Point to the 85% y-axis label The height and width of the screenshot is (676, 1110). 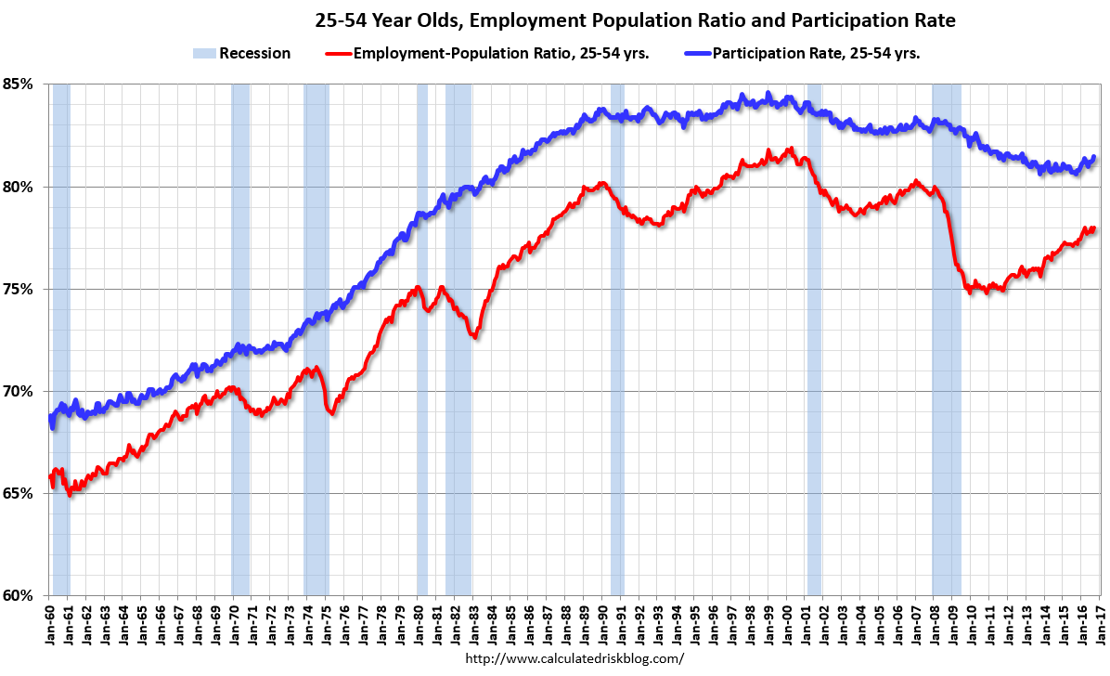19,84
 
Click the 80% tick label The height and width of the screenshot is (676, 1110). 19,187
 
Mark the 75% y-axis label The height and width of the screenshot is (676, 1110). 19,289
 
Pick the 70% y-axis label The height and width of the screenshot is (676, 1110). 19,391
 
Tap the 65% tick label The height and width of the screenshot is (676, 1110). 19,493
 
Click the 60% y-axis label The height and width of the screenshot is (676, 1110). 19,595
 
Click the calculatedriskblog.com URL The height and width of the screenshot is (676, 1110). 574,658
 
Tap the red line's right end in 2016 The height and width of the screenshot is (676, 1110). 1094,228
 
